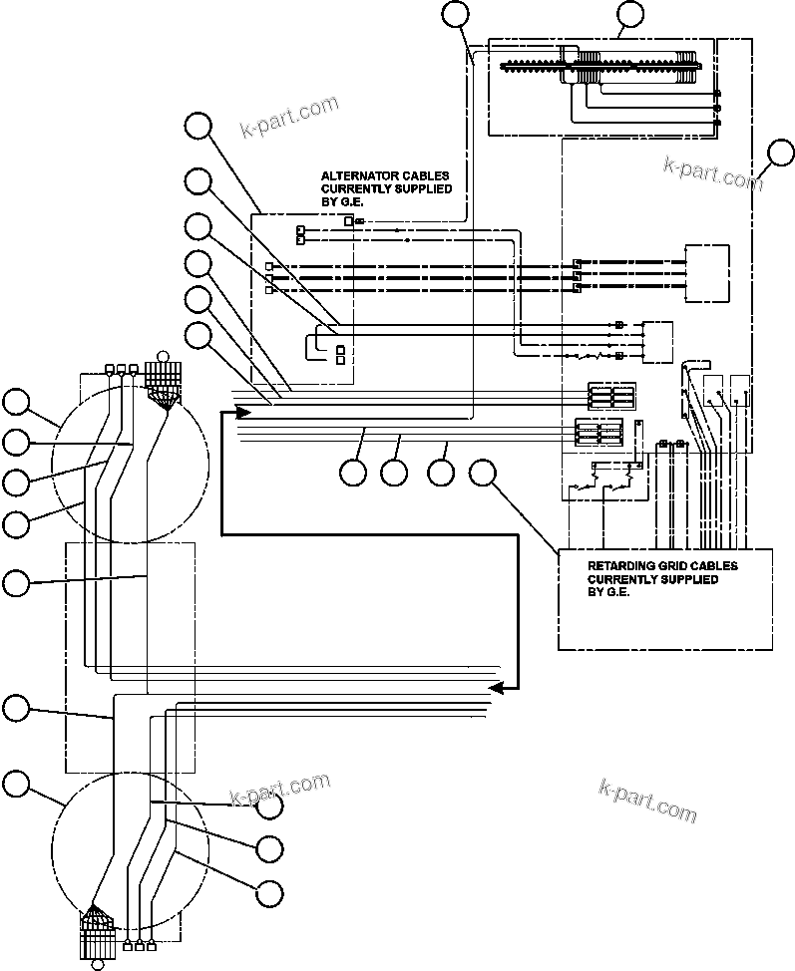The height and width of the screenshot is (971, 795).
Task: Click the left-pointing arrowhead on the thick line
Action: [495, 687]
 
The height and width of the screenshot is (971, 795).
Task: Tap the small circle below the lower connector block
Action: [97, 963]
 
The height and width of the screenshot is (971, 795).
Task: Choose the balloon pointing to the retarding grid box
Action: [484, 473]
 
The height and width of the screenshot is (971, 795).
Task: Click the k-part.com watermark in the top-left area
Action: [290, 117]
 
